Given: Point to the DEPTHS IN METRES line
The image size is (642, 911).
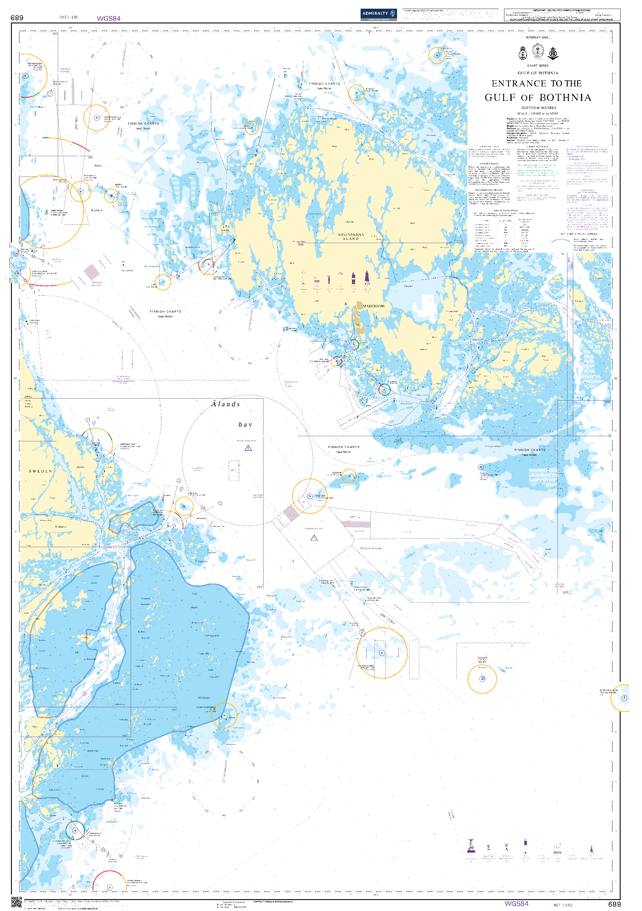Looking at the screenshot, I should click(538, 108).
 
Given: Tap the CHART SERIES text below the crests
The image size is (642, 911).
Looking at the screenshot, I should click(538, 66).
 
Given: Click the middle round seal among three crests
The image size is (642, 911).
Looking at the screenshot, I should click(538, 51).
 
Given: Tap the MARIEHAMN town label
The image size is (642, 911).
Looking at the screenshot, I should click(374, 306).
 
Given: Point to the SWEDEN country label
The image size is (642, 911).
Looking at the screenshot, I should click(40, 471).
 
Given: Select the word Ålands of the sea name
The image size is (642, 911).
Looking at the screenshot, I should click(226, 404).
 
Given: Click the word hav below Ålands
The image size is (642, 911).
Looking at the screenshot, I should click(245, 425).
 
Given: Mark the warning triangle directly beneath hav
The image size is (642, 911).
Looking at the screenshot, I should click(248, 448).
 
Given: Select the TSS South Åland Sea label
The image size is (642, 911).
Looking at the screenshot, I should click(370, 548).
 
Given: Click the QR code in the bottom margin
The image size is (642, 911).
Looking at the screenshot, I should click(16, 902).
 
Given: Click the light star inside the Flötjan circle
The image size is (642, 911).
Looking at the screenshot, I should click(310, 496).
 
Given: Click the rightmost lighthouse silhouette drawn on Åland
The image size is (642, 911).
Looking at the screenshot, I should click(367, 278).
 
